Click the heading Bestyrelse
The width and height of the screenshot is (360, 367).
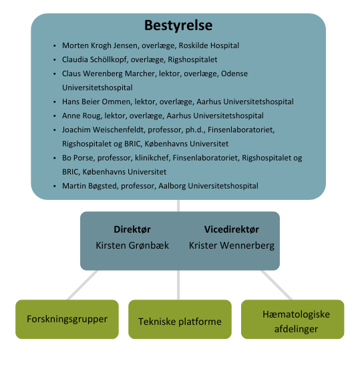tap(178, 26)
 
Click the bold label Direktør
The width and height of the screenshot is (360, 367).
tap(132, 229)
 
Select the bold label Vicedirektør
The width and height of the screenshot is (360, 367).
tap(230, 229)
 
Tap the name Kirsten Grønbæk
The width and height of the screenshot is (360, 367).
tap(132, 245)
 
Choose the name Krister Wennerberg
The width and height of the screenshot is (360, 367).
tap(231, 245)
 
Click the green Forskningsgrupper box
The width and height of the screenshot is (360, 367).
tap(67, 319)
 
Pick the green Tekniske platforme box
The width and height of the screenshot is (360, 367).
tap(180, 322)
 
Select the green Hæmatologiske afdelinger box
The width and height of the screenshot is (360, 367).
tap(293, 319)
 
